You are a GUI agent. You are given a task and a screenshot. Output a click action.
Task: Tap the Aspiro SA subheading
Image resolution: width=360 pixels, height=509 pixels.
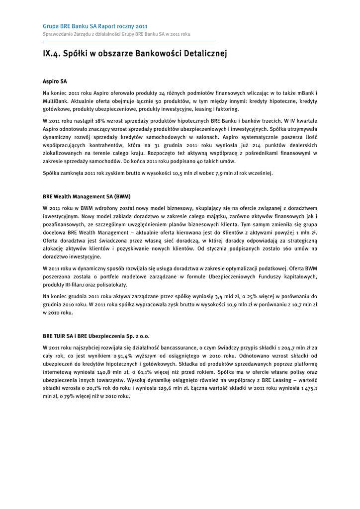(x=55, y=81)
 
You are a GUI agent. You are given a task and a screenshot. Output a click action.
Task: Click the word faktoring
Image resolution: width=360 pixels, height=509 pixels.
(x=227, y=109)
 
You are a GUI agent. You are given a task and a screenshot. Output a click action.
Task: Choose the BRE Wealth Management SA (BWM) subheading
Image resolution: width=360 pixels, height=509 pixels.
(x=87, y=196)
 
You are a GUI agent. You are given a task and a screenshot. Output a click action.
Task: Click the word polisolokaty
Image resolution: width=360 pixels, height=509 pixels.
(x=112, y=285)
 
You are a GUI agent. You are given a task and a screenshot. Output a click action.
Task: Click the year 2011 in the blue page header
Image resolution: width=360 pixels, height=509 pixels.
(x=142, y=26)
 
